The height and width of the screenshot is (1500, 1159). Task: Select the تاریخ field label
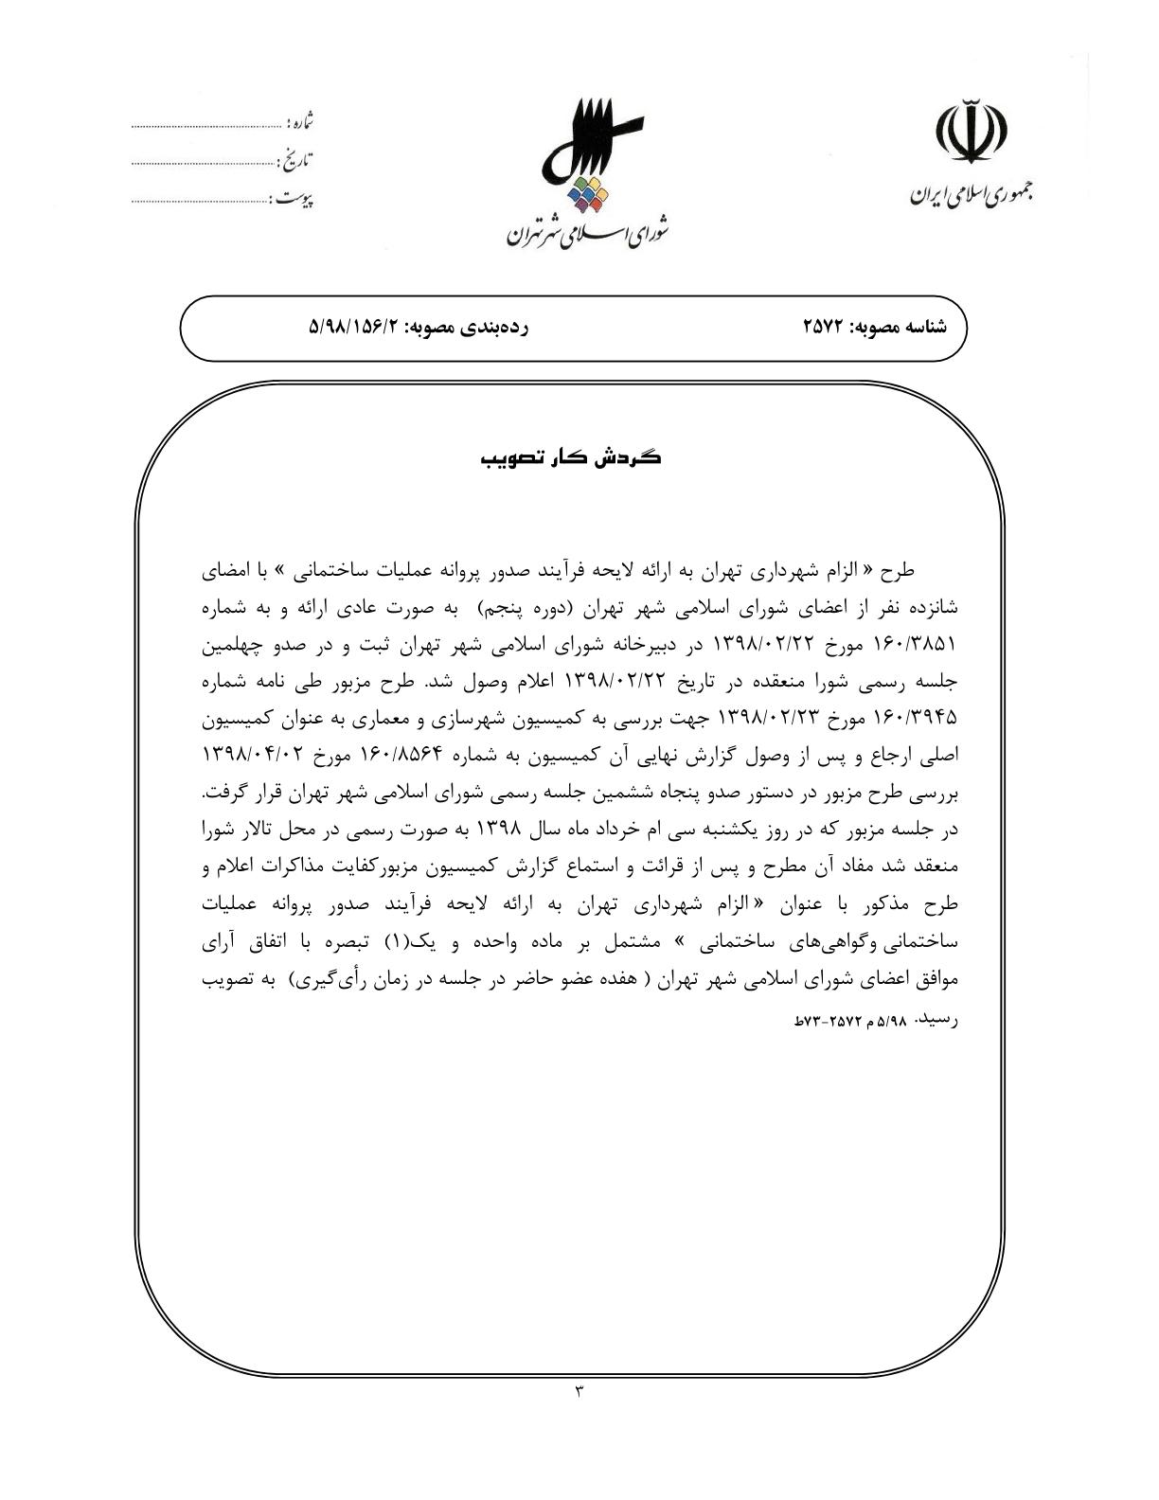pos(296,160)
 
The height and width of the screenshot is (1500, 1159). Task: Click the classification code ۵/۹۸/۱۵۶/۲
pos(356,328)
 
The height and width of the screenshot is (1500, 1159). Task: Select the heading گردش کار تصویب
pos(571,458)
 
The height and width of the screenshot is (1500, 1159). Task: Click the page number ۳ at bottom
pos(579,1391)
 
